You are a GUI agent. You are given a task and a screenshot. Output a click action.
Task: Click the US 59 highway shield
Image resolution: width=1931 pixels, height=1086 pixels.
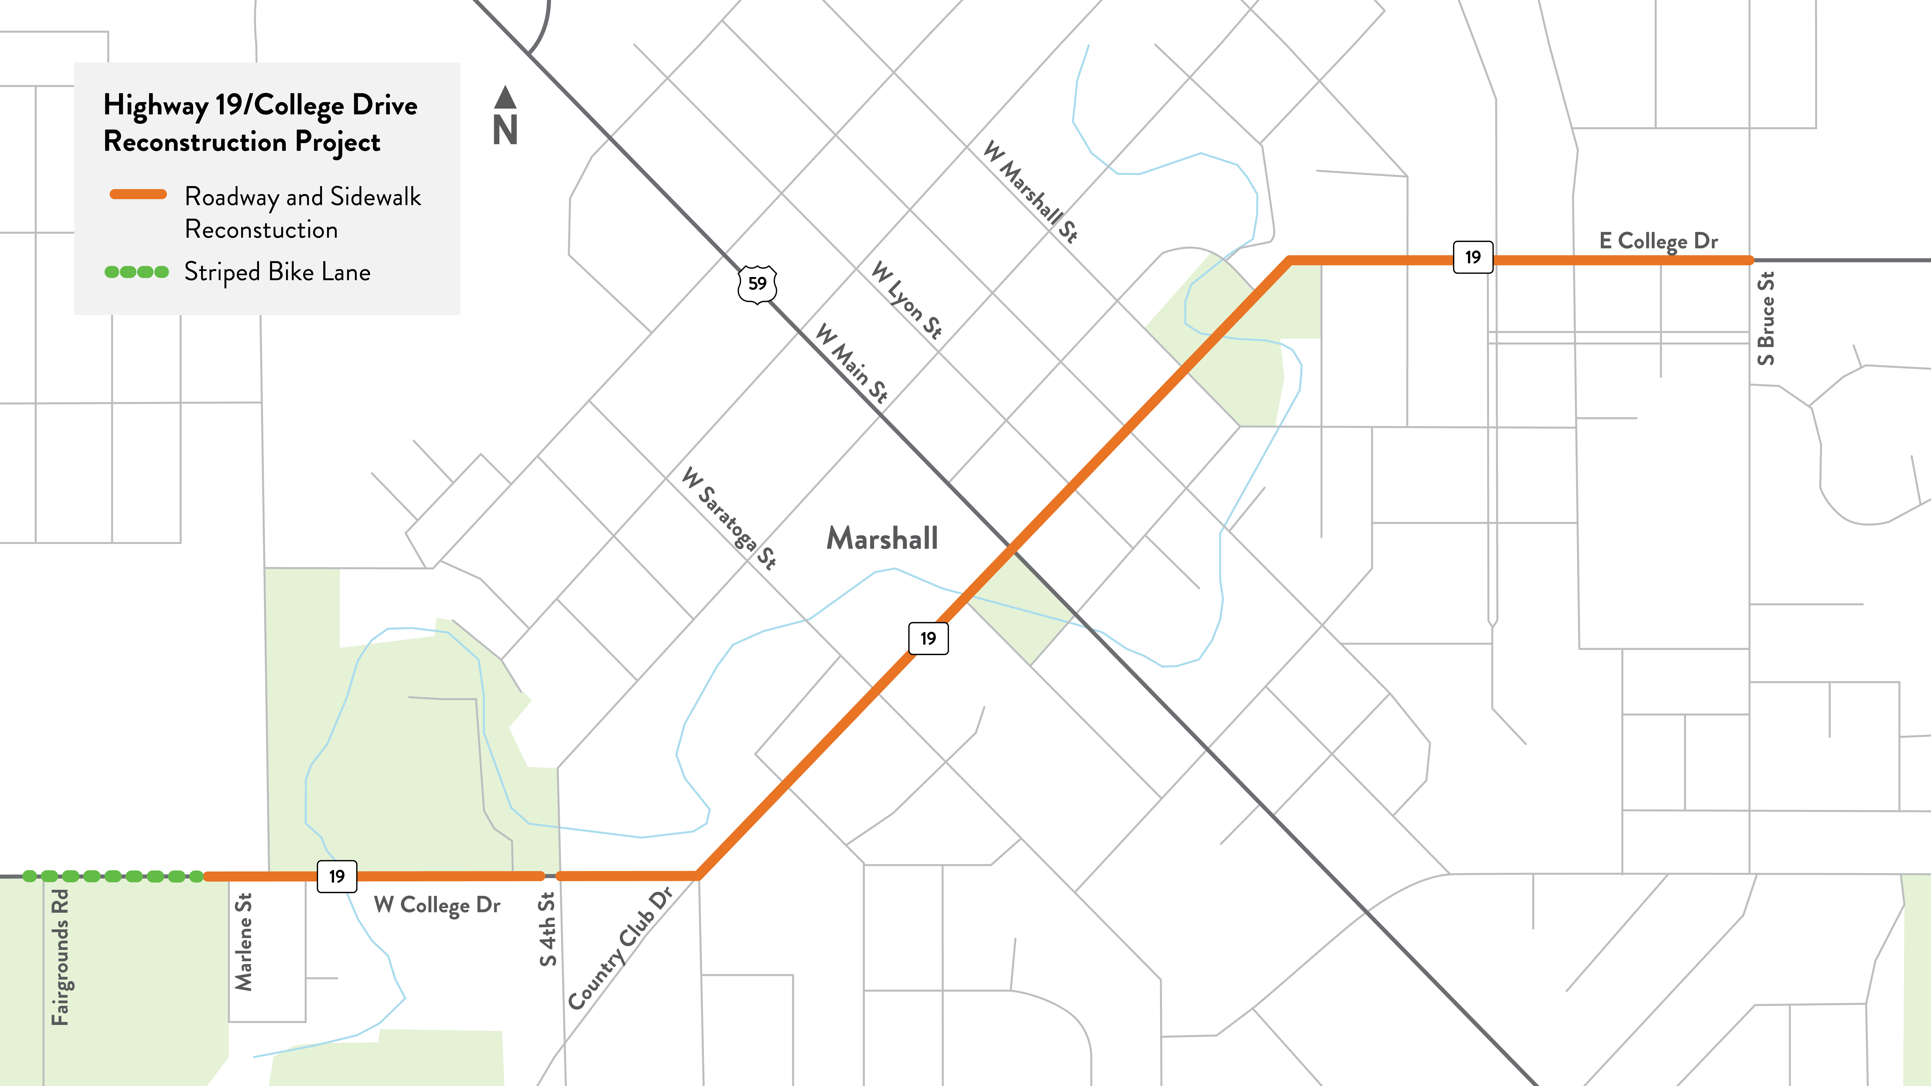tap(757, 284)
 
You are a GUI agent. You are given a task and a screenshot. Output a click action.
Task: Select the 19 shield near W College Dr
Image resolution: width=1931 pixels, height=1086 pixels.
tap(336, 876)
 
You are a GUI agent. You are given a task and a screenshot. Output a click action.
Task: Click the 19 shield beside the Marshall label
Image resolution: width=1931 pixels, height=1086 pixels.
tap(928, 639)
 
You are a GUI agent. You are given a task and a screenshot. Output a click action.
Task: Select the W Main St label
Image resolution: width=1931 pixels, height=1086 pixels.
tap(852, 363)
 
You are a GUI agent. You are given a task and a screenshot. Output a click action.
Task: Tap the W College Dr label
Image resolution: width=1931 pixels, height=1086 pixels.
tap(437, 905)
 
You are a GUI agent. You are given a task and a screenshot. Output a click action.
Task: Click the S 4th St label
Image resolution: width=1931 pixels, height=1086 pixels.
tap(548, 929)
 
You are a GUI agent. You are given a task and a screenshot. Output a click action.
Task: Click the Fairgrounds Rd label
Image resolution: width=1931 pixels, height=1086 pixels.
tap(60, 957)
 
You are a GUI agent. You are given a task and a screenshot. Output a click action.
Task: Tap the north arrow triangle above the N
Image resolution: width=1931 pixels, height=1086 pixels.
tap(505, 97)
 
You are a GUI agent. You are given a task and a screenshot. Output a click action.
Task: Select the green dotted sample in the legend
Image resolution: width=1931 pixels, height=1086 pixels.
tap(136, 272)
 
